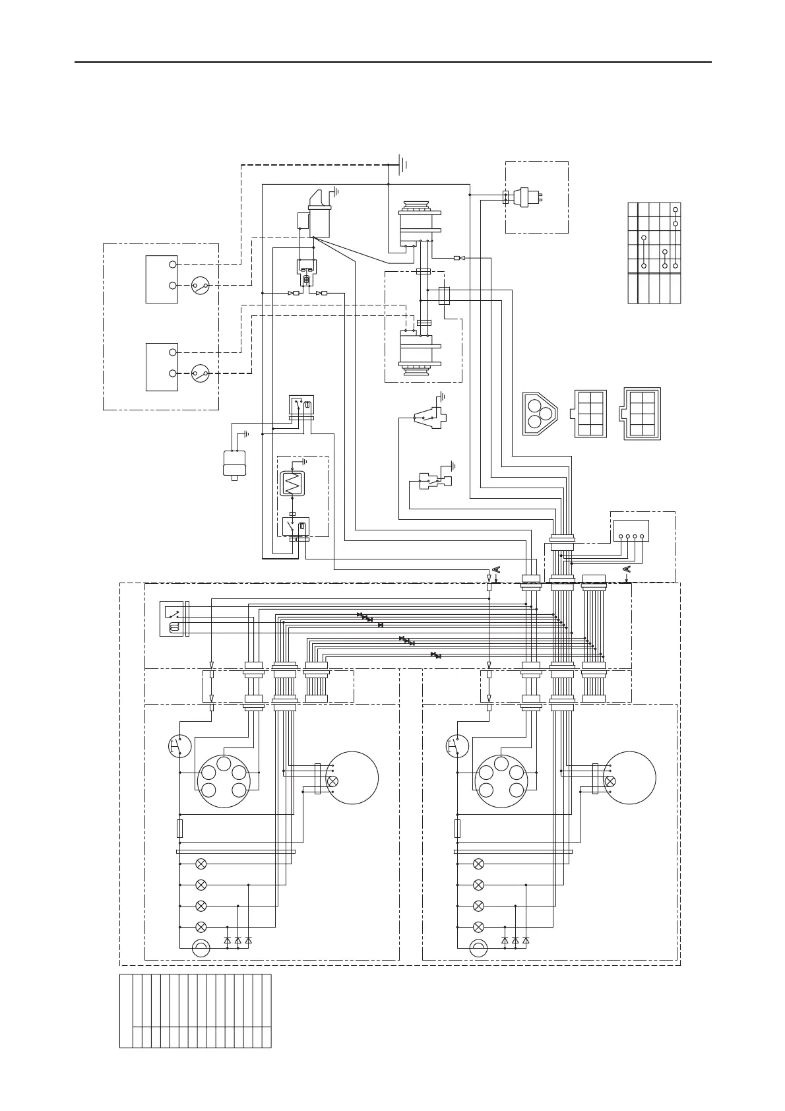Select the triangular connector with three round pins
pyautogui.click(x=540, y=414)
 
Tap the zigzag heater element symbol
pyautogui.click(x=291, y=484)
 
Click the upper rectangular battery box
pyautogui.click(x=162, y=279)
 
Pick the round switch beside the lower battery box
pyautogui.click(x=200, y=373)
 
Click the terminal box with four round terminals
pyautogui.click(x=631, y=531)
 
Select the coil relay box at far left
pyautogui.click(x=172, y=619)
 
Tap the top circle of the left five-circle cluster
pyautogui.click(x=224, y=763)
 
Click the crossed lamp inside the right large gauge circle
pyautogui.click(x=610, y=781)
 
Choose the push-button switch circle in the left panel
pyautogui.click(x=179, y=746)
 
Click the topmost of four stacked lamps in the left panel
pyautogui.click(x=201, y=864)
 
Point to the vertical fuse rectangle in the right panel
pyautogui.click(x=457, y=829)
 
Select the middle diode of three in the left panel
pyautogui.click(x=237, y=940)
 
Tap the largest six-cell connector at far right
pyautogui.click(x=641, y=414)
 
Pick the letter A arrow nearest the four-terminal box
pyautogui.click(x=626, y=569)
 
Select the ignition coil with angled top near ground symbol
pyautogui.click(x=319, y=214)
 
